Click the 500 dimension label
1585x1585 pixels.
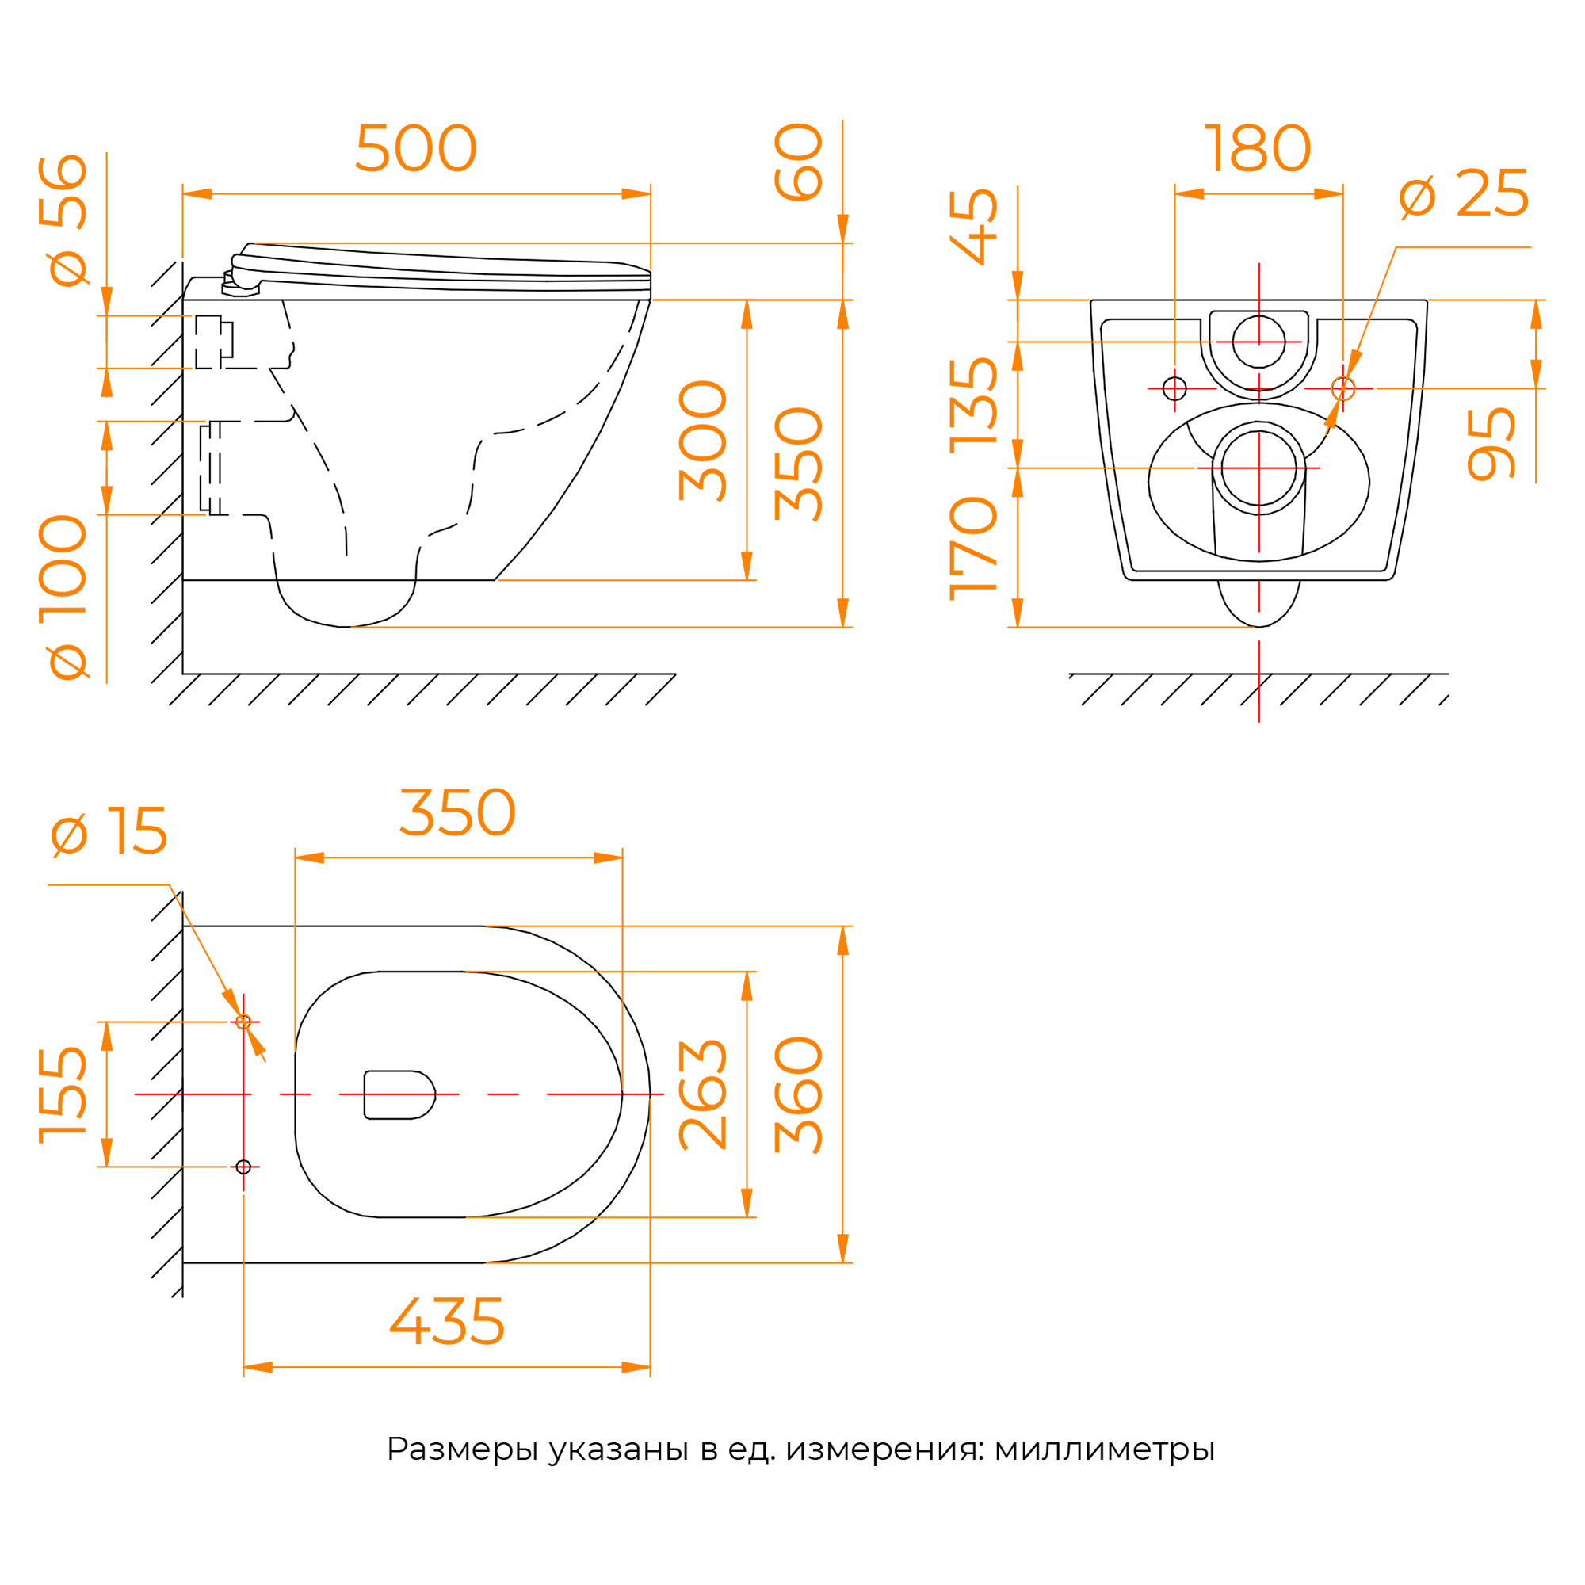coord(416,147)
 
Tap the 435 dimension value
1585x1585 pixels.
coord(447,1321)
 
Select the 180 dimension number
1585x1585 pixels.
coord(1258,147)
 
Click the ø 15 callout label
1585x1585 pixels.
coord(109,831)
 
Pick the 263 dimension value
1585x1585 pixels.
coord(702,1095)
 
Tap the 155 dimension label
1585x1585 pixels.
coord(63,1095)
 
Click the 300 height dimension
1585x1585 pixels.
coord(702,441)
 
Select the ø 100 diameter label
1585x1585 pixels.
coord(63,598)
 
